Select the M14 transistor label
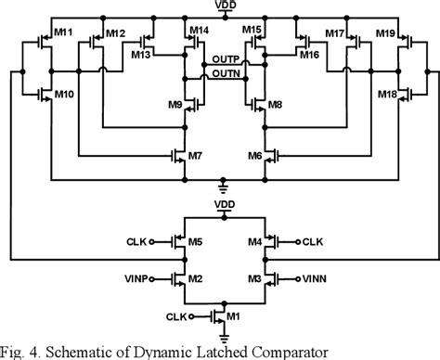[x=198, y=31]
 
